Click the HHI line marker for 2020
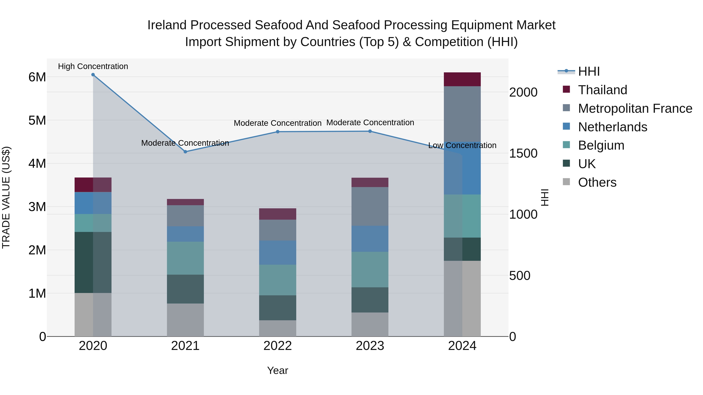(x=93, y=75)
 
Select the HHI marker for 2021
(x=185, y=152)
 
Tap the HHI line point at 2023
(x=370, y=131)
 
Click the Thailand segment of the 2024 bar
(x=462, y=79)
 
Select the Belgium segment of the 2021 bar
(x=185, y=258)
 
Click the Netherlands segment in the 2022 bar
(x=277, y=252)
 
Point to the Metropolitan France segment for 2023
(x=370, y=206)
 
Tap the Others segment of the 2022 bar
(x=277, y=328)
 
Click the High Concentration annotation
(x=93, y=67)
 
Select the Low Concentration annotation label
(x=462, y=146)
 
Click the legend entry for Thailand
(x=602, y=90)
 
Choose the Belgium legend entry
(x=601, y=145)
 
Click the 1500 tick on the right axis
(x=523, y=154)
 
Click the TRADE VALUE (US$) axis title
(x=6, y=197)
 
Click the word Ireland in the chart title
(x=167, y=25)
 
